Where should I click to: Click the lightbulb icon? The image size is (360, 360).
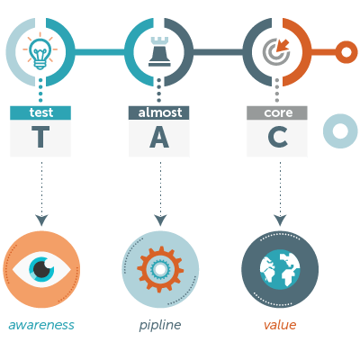tap(40, 52)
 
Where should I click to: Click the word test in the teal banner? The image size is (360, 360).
tap(41, 112)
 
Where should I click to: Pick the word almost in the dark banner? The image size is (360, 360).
tap(160, 112)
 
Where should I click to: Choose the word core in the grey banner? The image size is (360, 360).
tap(278, 113)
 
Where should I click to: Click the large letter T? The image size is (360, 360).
tap(40, 137)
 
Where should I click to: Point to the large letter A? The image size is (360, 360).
tap(159, 137)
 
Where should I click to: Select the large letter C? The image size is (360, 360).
tap(278, 137)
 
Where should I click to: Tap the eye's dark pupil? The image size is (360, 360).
tap(42, 269)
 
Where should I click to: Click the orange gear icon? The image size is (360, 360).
tap(160, 269)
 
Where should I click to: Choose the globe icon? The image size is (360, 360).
tap(280, 269)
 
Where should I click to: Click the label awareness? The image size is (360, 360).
tap(41, 325)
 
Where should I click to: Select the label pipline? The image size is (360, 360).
tap(160, 326)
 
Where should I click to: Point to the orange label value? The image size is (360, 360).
tap(280, 325)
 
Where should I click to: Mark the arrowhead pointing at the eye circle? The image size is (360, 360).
tap(41, 220)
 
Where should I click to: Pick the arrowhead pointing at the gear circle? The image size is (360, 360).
tap(160, 220)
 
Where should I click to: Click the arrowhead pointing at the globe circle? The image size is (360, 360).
tap(280, 220)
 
